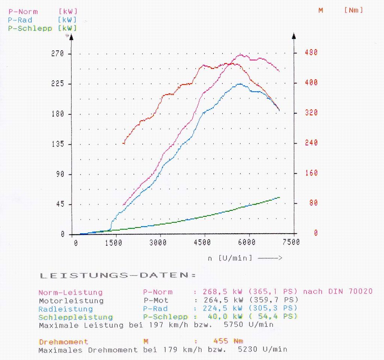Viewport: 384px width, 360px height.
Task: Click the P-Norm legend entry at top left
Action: click(x=23, y=12)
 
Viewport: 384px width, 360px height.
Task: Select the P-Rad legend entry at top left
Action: click(x=20, y=20)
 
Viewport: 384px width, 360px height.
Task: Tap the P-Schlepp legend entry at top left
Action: click(x=30, y=28)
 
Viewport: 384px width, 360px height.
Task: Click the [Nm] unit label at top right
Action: click(x=353, y=10)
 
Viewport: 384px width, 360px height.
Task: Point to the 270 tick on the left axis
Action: click(x=57, y=54)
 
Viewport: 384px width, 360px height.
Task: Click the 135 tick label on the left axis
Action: click(x=57, y=144)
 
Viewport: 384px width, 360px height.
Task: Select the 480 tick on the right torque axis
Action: click(x=311, y=52)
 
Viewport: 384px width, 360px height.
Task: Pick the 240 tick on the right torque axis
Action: click(x=311, y=143)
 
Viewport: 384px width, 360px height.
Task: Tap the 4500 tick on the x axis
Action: click(x=202, y=243)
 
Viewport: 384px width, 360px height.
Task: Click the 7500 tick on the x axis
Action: click(x=291, y=243)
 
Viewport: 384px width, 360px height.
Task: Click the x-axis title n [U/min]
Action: click(x=229, y=258)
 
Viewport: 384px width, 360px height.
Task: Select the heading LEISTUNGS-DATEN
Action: click(x=118, y=276)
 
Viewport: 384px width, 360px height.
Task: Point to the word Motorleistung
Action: click(x=71, y=300)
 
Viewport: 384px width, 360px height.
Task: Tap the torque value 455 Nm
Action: click(x=228, y=341)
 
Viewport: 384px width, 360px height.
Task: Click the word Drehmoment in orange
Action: click(x=63, y=342)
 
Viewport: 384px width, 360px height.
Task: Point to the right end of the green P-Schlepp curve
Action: click(x=279, y=197)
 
